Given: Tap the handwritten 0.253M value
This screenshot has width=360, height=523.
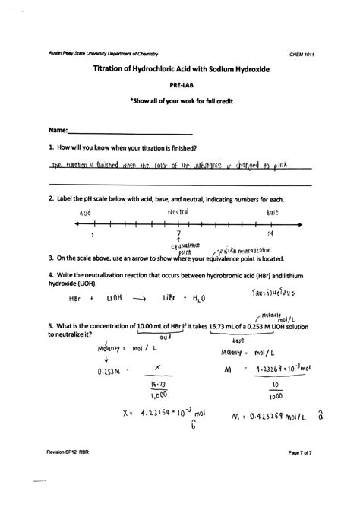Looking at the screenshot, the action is pos(112,371).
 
